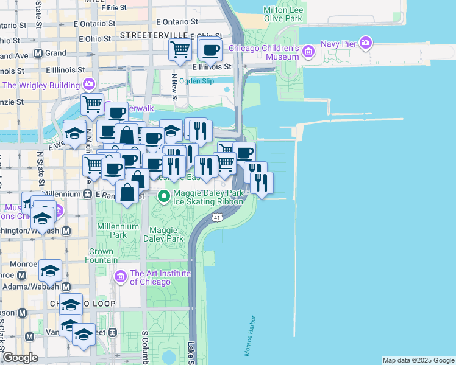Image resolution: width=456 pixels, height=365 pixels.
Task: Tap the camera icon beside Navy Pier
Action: (x=366, y=42)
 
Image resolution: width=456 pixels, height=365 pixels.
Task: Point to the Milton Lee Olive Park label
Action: (x=282, y=15)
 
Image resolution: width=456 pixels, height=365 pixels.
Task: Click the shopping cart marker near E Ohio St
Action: (x=180, y=49)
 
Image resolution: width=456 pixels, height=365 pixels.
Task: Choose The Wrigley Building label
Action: (x=41, y=85)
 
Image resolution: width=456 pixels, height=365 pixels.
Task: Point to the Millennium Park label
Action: (x=112, y=231)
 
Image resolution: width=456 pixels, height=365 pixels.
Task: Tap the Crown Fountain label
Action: (x=101, y=255)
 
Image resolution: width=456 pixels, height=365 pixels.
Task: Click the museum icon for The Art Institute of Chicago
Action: (x=120, y=277)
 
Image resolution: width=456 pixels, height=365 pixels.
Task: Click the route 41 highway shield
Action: (x=217, y=217)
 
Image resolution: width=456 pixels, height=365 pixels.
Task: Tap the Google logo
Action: (x=20, y=358)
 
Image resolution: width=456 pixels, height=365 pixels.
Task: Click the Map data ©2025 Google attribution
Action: (x=418, y=360)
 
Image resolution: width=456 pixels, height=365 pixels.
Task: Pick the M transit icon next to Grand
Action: (x=38, y=53)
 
